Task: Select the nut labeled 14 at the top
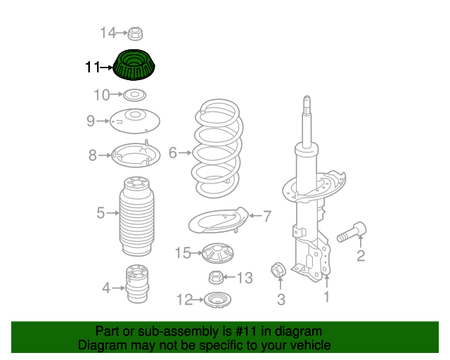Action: (x=136, y=32)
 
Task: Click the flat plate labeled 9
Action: (x=134, y=121)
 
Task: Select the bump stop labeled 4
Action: (x=136, y=285)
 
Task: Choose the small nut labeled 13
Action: (x=217, y=277)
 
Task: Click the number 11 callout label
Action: (x=93, y=68)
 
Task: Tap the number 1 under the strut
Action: (x=326, y=297)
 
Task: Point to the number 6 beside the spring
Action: (x=173, y=152)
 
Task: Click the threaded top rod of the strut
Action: (x=307, y=116)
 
